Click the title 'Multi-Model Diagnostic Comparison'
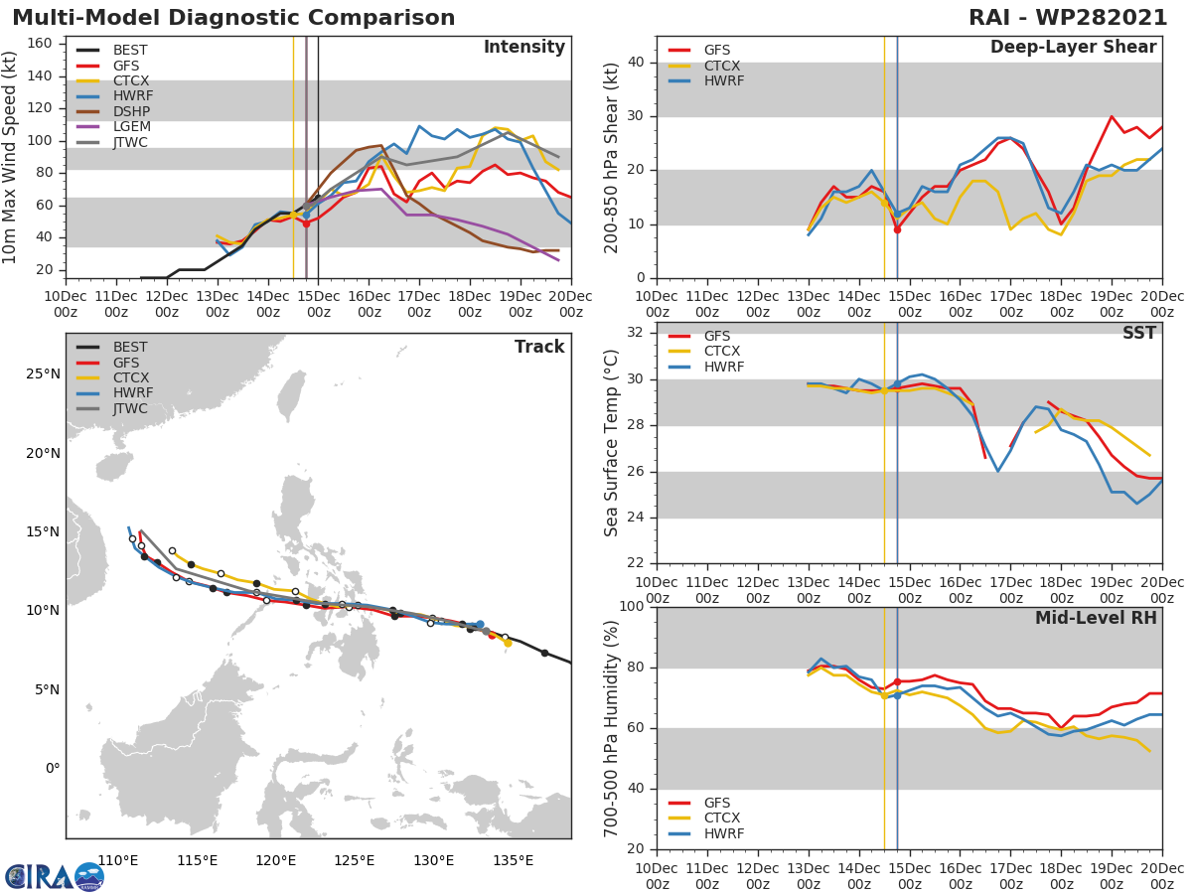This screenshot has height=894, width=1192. coord(233,18)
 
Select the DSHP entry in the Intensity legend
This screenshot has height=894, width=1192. coord(130,111)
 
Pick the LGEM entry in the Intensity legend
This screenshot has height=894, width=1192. coord(130,127)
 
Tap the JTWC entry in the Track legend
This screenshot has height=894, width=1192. coord(130,409)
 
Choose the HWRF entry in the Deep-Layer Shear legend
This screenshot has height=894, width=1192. coord(723,81)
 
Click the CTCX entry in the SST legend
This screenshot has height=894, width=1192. coord(723,352)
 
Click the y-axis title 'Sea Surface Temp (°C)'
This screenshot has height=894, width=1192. coord(612,441)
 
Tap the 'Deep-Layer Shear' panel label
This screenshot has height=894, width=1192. coord(1073,48)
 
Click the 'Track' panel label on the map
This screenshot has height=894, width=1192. coord(538,348)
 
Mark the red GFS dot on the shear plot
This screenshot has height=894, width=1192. coord(897,229)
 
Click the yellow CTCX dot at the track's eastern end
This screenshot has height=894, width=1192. coord(508,643)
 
